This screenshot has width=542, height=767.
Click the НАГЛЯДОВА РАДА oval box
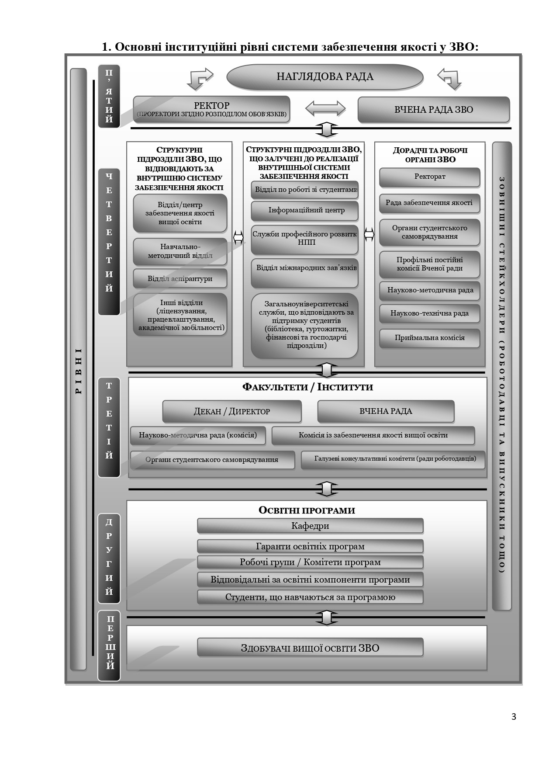click(x=325, y=77)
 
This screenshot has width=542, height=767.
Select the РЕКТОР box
click(x=211, y=109)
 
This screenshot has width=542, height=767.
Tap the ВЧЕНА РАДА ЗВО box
click(x=433, y=109)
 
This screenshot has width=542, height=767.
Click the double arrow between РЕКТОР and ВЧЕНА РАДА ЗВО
click(x=325, y=108)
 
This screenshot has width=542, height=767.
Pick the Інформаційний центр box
click(x=305, y=211)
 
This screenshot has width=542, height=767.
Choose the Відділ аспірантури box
click(x=180, y=279)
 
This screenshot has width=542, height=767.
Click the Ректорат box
click(x=430, y=177)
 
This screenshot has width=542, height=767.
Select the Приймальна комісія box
click(x=430, y=338)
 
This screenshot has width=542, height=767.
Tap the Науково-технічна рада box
click(x=430, y=313)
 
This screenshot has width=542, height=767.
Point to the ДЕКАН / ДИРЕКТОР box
click(x=232, y=412)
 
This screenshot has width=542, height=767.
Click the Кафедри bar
click(x=310, y=526)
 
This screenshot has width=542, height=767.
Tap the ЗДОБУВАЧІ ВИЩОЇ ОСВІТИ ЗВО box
click(x=310, y=648)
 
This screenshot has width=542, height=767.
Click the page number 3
click(x=514, y=717)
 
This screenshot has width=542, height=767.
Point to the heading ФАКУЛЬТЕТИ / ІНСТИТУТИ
click(x=307, y=387)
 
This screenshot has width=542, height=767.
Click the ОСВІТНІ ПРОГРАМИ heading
click(x=307, y=510)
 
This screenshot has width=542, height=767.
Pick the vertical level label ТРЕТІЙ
click(x=109, y=421)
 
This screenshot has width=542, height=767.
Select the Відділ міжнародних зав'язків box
click(x=305, y=274)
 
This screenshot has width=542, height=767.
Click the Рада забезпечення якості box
click(x=430, y=203)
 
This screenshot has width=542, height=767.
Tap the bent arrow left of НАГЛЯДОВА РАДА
click(x=199, y=79)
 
